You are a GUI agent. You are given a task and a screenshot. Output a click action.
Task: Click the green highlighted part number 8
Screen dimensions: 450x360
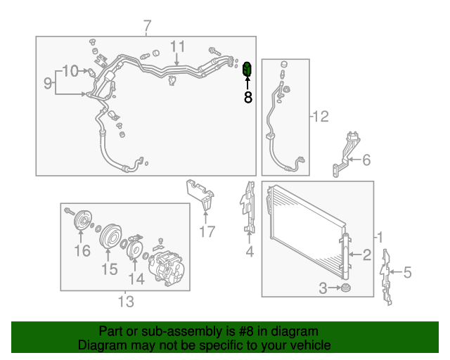(247, 69)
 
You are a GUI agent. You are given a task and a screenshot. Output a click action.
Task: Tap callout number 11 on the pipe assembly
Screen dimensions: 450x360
(177, 46)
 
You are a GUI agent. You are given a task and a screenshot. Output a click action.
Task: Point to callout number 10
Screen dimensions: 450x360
(70, 70)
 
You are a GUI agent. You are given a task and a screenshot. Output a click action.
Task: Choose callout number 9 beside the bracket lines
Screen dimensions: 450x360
(48, 83)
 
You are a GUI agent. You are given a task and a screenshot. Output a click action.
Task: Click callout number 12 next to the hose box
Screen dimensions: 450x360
(321, 116)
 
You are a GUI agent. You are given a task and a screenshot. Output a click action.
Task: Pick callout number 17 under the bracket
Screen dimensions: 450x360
(207, 231)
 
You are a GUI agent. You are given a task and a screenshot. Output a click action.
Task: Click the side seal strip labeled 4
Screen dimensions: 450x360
(247, 207)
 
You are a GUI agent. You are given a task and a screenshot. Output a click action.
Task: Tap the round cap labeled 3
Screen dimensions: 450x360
(345, 288)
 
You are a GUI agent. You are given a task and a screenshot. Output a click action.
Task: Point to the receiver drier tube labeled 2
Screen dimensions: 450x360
(345, 257)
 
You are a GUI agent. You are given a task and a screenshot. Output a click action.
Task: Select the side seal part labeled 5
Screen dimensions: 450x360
(385, 277)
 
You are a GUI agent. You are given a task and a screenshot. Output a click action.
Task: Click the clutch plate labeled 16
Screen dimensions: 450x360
(82, 220)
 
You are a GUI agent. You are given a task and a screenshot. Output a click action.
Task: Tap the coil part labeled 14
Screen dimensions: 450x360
(134, 247)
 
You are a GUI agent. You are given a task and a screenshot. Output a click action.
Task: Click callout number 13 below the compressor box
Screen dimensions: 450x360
(126, 302)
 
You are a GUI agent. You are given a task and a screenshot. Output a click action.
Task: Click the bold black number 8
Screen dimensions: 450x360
(248, 97)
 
